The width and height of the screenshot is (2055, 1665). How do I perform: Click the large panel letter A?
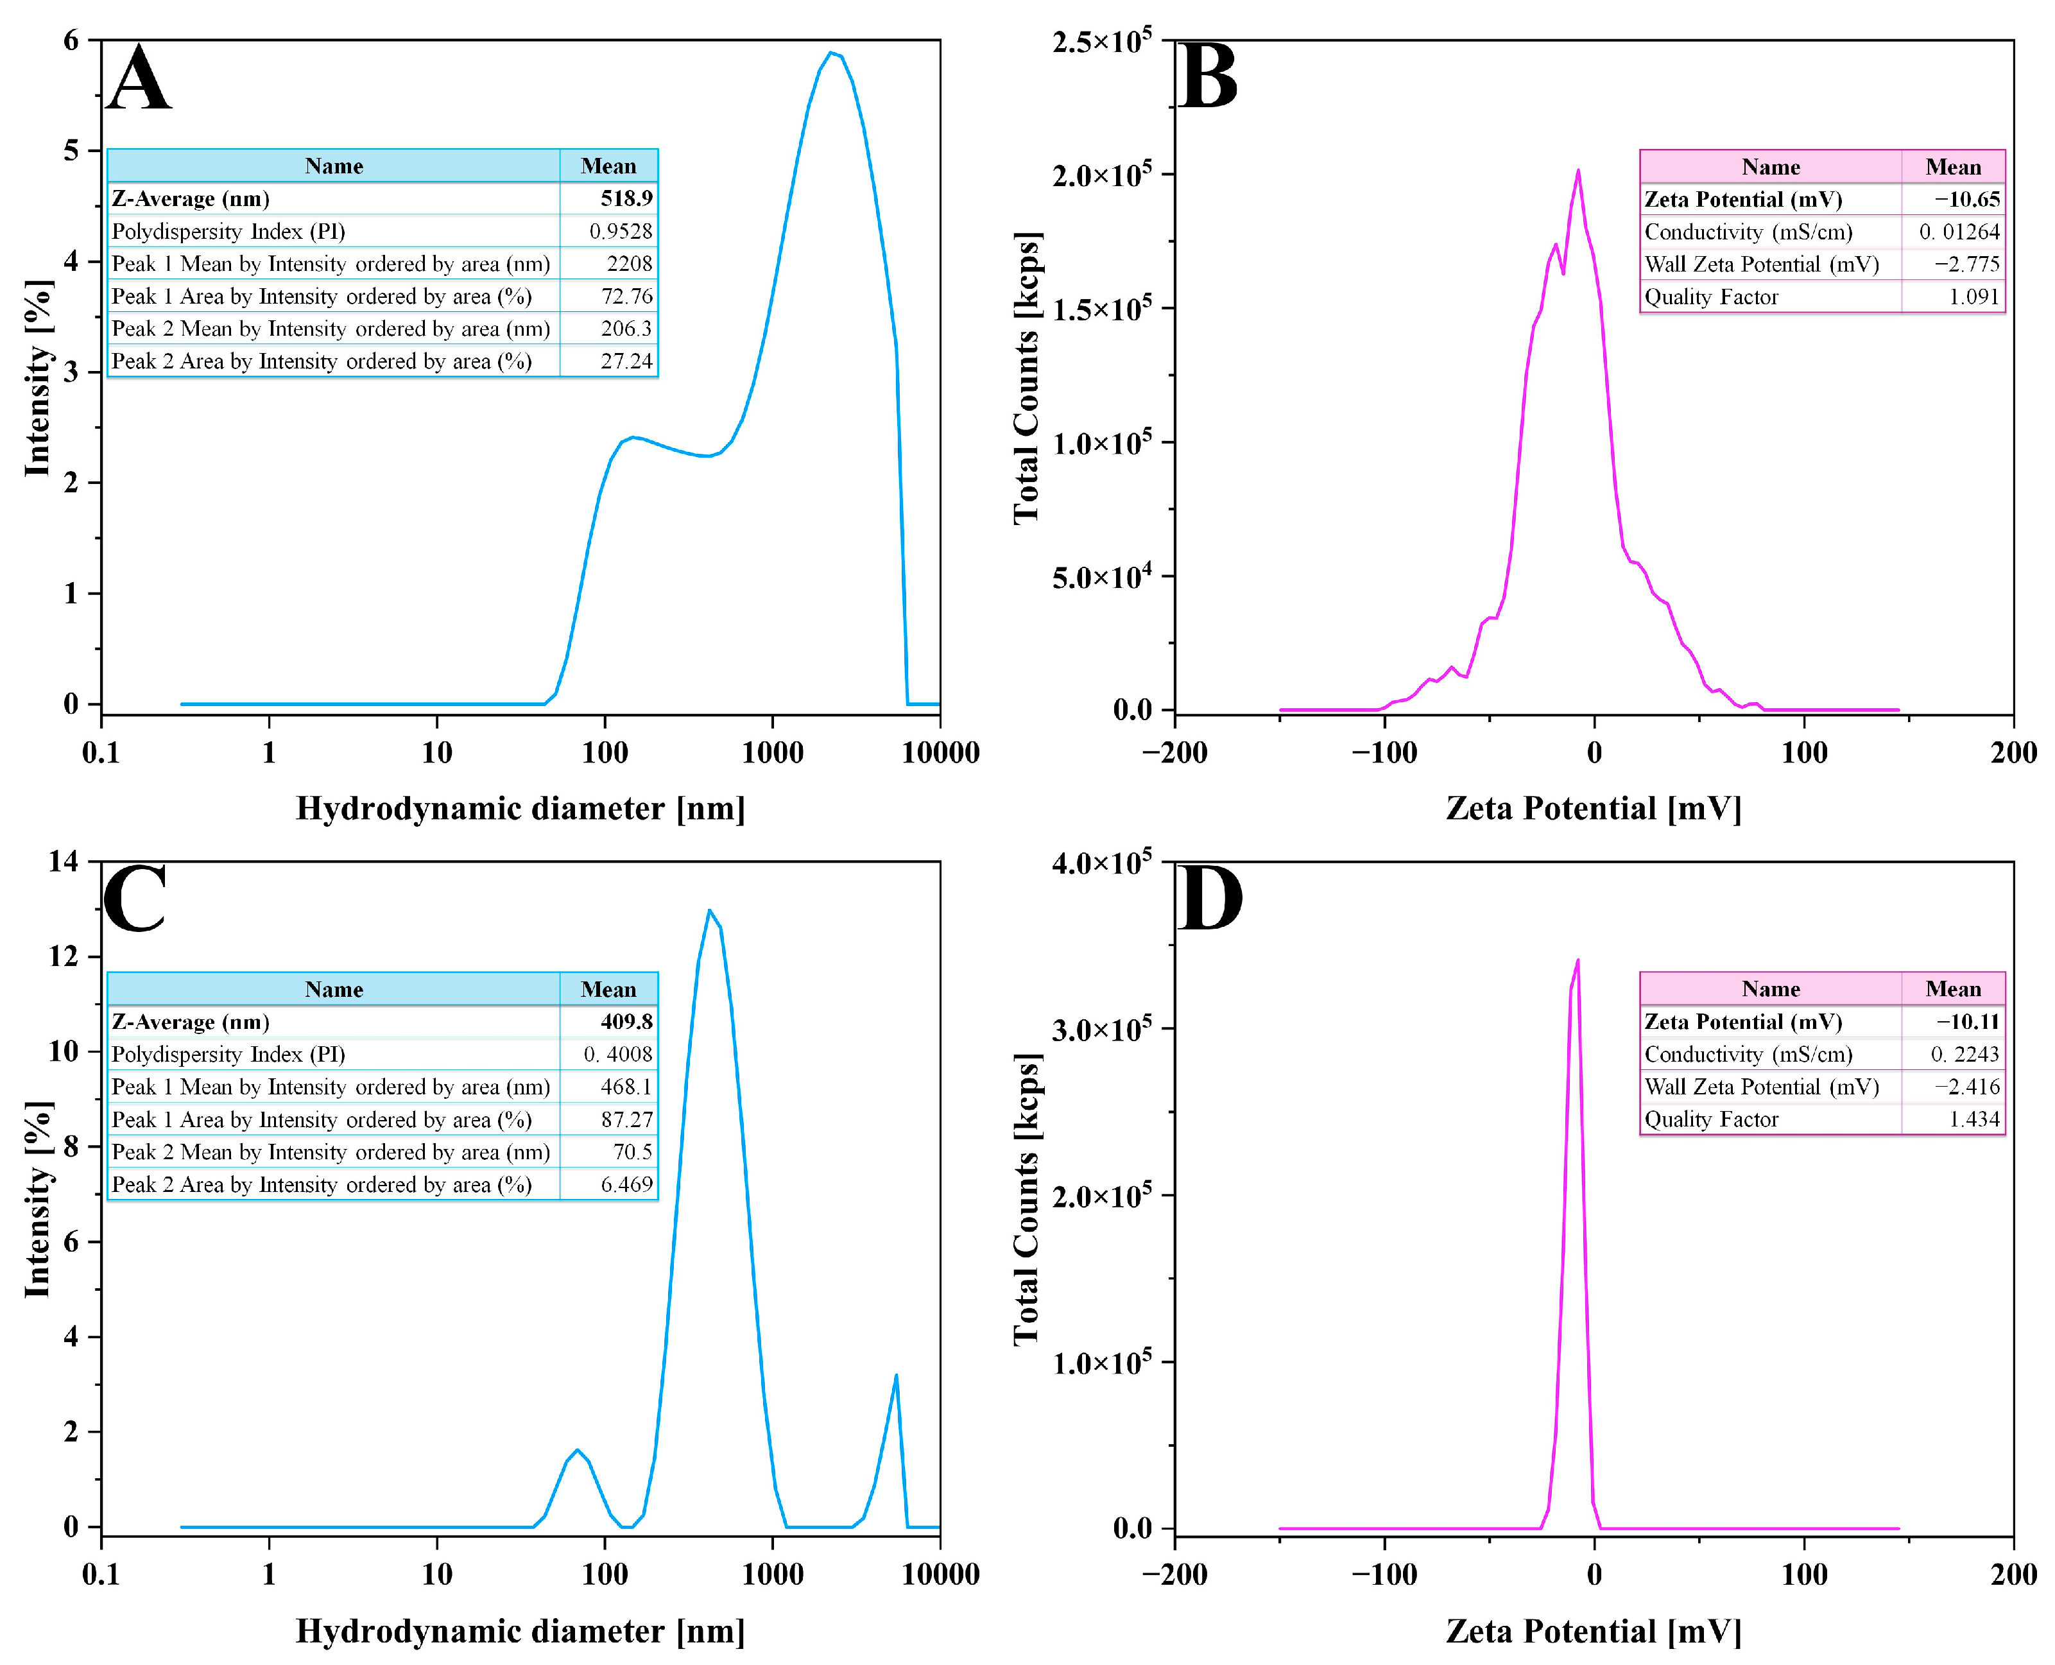click(139, 79)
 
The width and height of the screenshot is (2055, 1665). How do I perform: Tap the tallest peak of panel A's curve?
click(831, 53)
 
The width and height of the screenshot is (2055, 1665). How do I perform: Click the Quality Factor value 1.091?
click(1973, 297)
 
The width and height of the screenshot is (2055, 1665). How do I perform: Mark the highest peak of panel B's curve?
click(1578, 171)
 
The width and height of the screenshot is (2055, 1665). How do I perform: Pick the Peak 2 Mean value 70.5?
click(632, 1152)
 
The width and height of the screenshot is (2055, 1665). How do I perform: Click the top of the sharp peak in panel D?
click(1578, 961)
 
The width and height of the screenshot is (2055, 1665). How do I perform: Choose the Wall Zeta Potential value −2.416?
click(1967, 1087)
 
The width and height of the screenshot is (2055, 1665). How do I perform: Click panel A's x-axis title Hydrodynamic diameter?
click(520, 809)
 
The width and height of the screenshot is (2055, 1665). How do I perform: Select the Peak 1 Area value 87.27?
click(626, 1120)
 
